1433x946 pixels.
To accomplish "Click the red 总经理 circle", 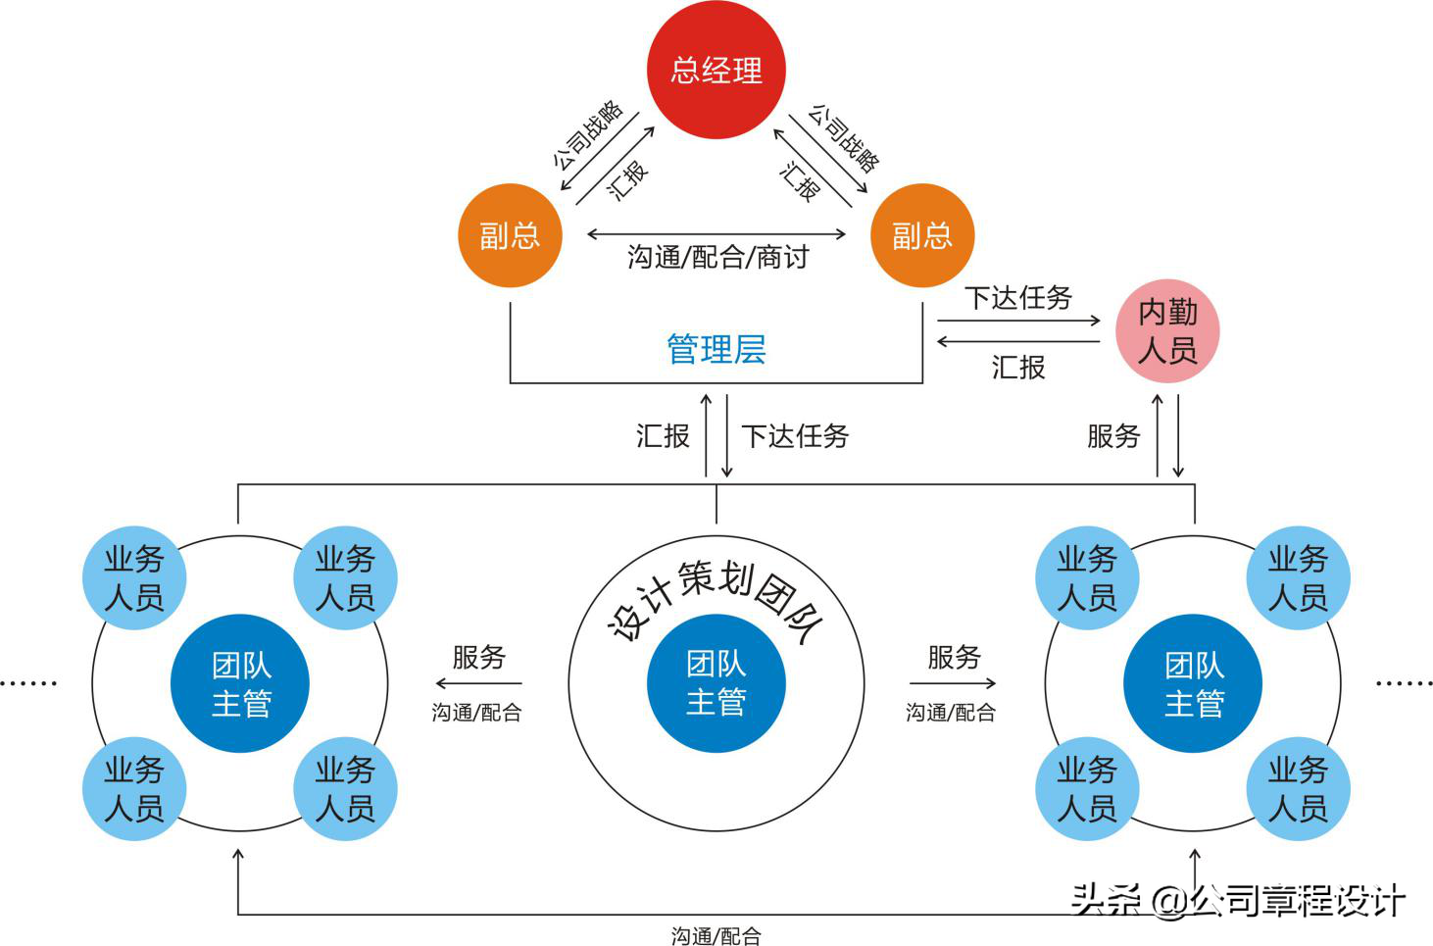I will (716, 70).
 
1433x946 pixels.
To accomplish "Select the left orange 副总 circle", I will (510, 235).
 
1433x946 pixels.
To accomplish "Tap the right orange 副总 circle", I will (921, 235).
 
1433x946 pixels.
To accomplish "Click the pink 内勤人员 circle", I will (1167, 331).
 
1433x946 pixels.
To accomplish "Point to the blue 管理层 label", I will (716, 349).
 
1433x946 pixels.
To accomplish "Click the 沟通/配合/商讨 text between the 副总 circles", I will (717, 258).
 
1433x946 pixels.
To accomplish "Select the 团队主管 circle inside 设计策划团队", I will (716, 683).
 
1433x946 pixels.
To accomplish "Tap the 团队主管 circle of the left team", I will (240, 684).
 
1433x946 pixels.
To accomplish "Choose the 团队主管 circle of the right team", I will (1193, 684).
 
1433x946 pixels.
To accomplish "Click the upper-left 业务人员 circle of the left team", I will (134, 578).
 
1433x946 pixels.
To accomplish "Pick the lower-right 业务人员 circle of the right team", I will (1298, 789).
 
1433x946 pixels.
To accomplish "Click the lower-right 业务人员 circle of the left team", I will (345, 789).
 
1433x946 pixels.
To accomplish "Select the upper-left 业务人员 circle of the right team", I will (1087, 578).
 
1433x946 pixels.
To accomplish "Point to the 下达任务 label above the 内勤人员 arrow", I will (1017, 298).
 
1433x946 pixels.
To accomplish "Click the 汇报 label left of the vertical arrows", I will (663, 436).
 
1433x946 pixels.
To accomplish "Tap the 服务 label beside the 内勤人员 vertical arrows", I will (1113, 436).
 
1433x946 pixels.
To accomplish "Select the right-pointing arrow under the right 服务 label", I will (952, 683).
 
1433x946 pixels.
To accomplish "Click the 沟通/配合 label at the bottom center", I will (716, 936).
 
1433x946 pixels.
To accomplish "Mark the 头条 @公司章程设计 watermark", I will (1237, 899).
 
